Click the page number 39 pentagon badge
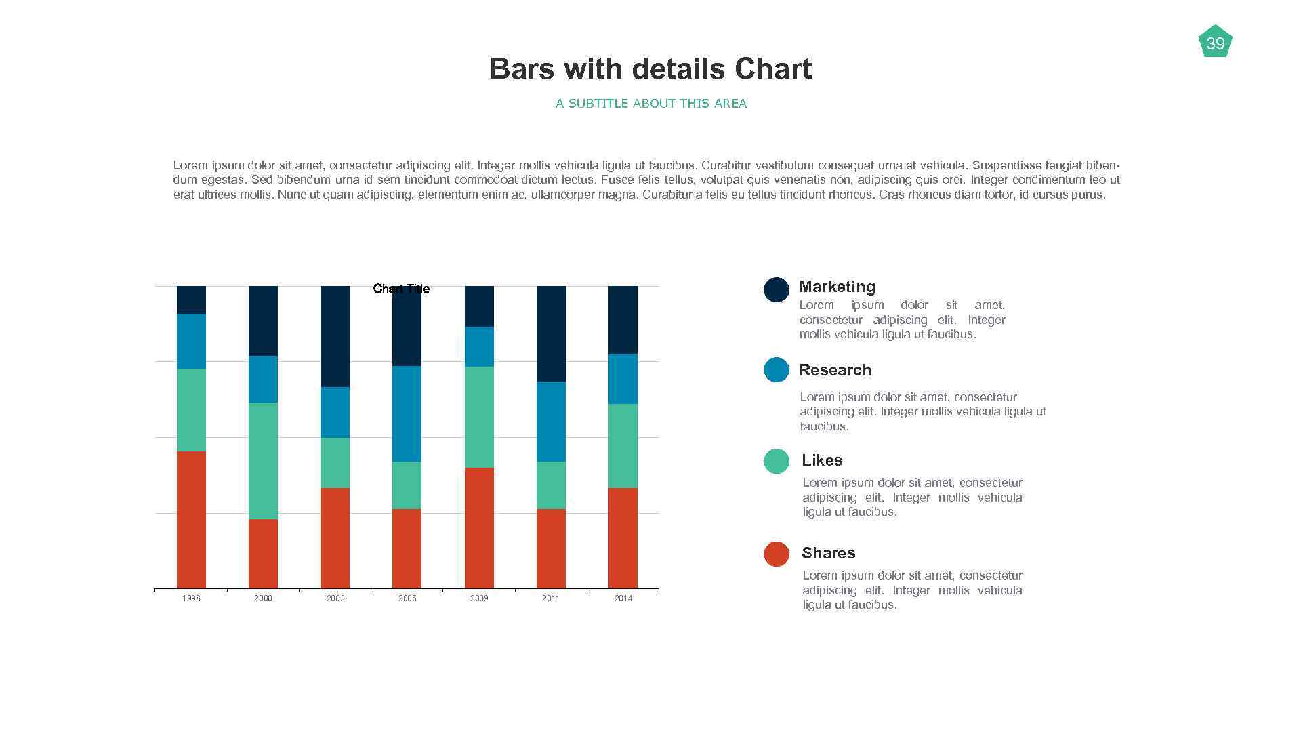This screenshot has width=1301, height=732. [x=1215, y=43]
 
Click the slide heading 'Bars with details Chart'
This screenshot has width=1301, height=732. [x=650, y=69]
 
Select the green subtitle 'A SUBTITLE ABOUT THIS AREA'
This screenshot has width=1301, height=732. [x=650, y=104]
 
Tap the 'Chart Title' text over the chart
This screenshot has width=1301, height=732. [x=401, y=289]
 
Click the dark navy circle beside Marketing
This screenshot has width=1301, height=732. [x=776, y=289]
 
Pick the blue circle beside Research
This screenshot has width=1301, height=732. [x=776, y=370]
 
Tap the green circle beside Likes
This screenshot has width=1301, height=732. [x=776, y=461]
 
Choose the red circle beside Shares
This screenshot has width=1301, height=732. [x=776, y=554]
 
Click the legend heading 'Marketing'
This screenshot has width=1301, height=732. [x=837, y=287]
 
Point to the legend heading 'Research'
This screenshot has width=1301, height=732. [x=835, y=370]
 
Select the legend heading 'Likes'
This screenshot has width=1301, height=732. [x=822, y=460]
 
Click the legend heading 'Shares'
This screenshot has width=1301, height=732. [x=828, y=553]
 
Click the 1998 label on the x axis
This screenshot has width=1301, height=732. [x=191, y=598]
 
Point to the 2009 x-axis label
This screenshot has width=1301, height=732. [x=479, y=598]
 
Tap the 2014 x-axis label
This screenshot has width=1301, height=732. [x=623, y=598]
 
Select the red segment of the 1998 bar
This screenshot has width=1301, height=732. [x=191, y=519]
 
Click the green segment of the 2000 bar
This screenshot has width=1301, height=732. [x=263, y=461]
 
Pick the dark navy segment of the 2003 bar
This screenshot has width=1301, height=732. [x=335, y=336]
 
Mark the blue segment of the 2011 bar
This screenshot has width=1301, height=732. [x=551, y=422]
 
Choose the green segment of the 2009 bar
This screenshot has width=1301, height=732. [x=479, y=417]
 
